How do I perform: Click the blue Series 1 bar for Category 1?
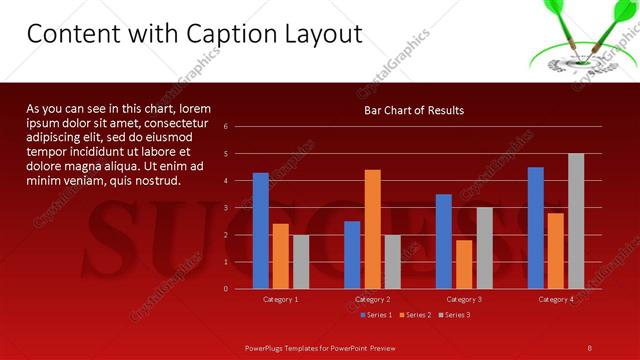261,231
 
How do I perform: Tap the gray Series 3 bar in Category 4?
576,221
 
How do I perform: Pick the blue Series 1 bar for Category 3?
444,242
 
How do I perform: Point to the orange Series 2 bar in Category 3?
464,264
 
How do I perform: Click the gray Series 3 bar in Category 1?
301,262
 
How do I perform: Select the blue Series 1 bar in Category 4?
536,228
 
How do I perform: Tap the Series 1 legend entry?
376,315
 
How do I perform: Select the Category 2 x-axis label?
372,299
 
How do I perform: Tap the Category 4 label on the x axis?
556,299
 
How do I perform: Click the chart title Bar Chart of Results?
414,110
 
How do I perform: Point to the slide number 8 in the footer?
590,347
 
